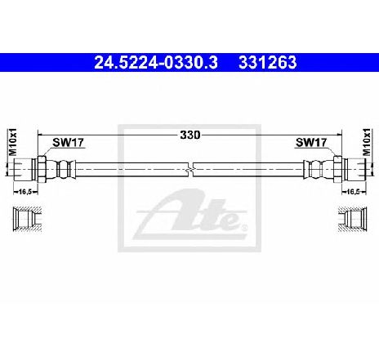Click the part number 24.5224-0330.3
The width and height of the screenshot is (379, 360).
click(x=150, y=60)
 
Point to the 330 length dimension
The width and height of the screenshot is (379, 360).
click(x=189, y=133)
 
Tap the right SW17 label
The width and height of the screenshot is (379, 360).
click(x=310, y=142)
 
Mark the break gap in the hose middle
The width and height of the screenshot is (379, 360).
click(x=189, y=170)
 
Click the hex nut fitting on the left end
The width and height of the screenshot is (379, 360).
click(x=38, y=170)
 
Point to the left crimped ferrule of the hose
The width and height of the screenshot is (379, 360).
click(x=63, y=170)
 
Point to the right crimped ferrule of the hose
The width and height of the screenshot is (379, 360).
click(x=315, y=170)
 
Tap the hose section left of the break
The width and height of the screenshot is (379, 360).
click(x=131, y=170)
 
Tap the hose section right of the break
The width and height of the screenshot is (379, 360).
click(x=245, y=170)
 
